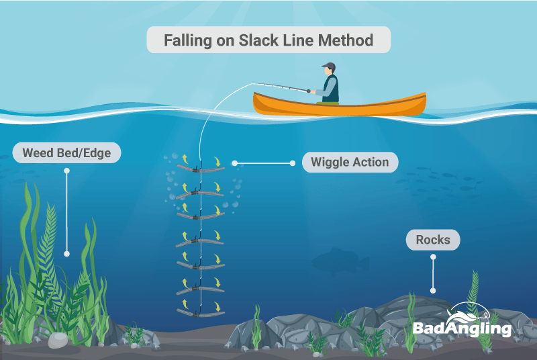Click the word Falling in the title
click(x=188, y=40)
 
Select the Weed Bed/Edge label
click(x=66, y=152)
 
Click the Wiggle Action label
click(x=350, y=162)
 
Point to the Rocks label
click(x=433, y=240)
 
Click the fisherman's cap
click(x=329, y=66)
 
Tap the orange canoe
click(x=340, y=105)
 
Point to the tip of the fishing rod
click(x=252, y=83)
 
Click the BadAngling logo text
click(x=462, y=328)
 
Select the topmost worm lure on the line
click(x=201, y=169)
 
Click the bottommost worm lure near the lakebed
click(x=201, y=313)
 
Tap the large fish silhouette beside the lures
click(x=340, y=261)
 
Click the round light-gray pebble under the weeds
click(x=58, y=340)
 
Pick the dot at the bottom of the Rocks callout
click(x=433, y=291)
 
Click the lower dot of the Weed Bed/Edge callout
click(x=66, y=254)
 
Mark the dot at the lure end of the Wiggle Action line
click(x=234, y=163)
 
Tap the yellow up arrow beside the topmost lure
click(x=185, y=159)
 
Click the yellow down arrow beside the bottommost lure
click(x=217, y=306)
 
